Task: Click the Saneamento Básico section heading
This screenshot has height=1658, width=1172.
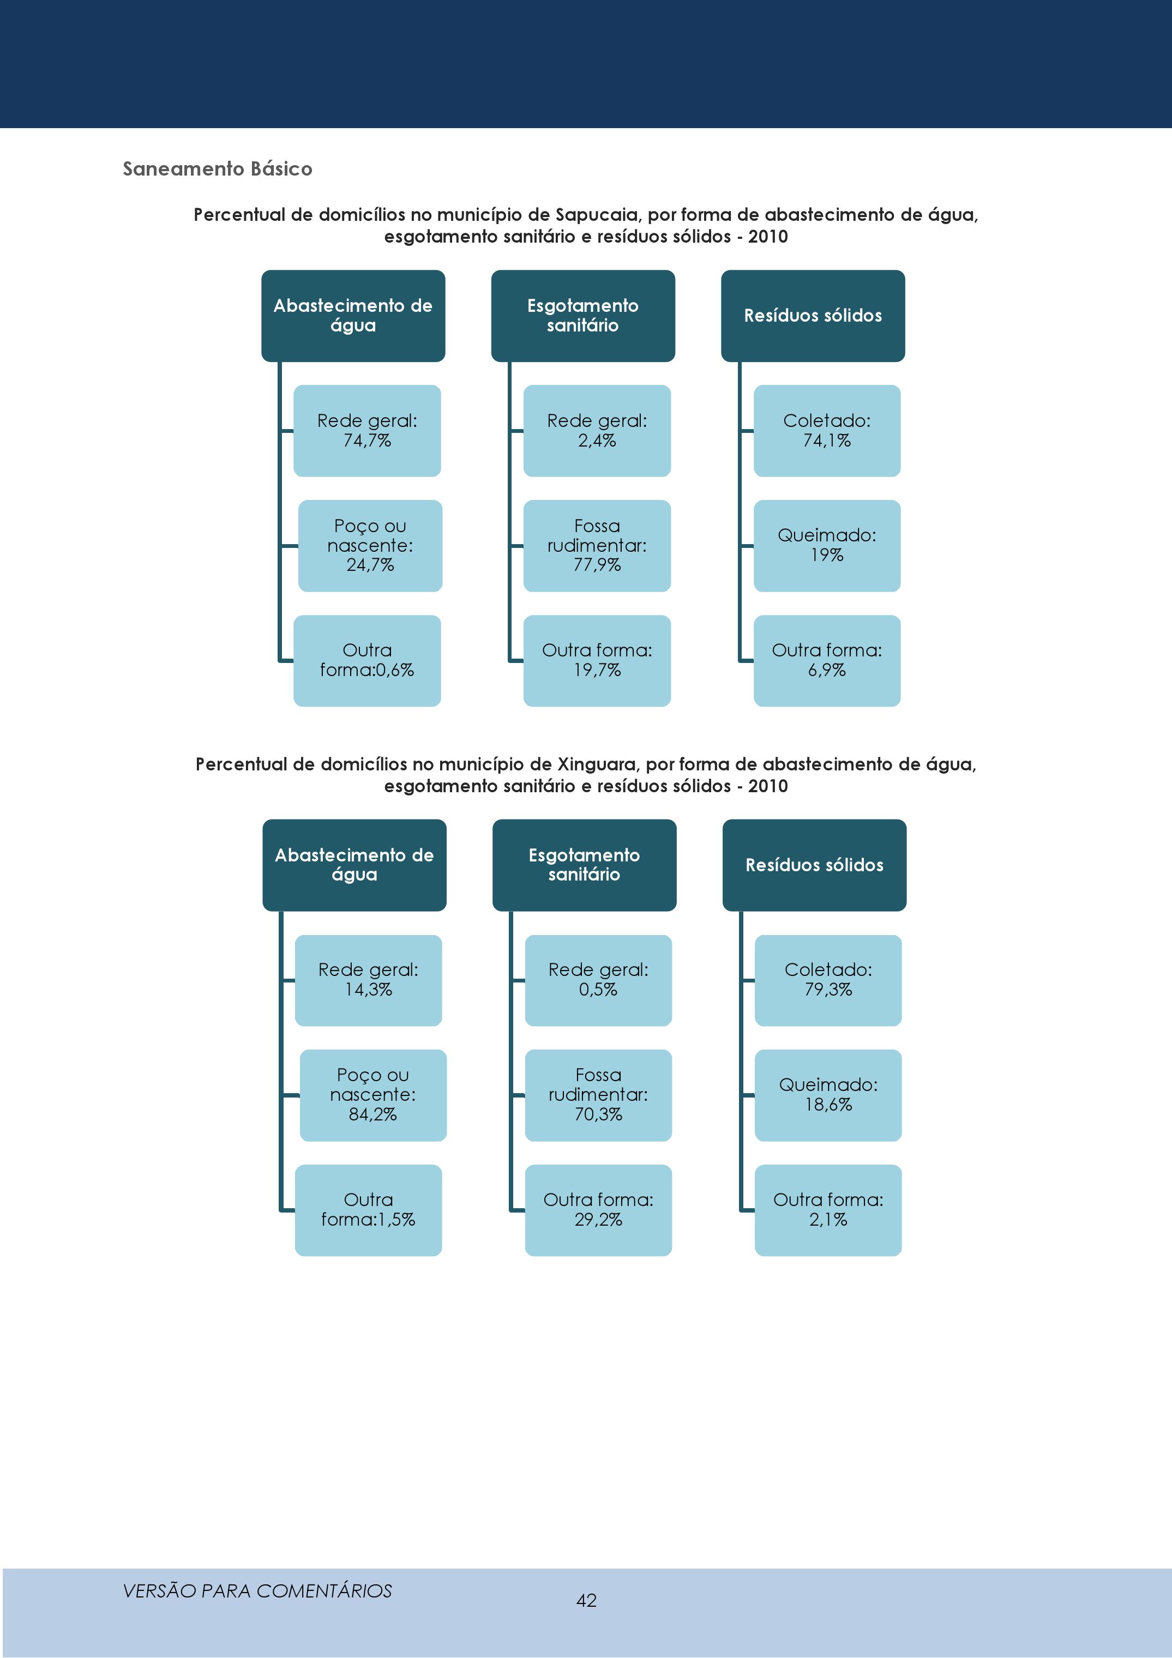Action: [218, 169]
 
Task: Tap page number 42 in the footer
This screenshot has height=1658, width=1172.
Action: [586, 1600]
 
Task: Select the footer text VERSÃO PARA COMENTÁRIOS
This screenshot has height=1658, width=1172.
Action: [257, 1591]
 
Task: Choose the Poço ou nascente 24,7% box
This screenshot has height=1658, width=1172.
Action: [370, 546]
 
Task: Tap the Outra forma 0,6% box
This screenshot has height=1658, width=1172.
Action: [367, 661]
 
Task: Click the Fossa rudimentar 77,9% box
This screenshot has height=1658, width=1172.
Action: [597, 546]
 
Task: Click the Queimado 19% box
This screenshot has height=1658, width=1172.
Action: [827, 546]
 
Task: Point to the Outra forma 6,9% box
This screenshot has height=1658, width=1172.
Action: [827, 661]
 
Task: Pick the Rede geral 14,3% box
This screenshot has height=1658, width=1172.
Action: [368, 981]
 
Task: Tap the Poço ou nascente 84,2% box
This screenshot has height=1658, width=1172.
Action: [372, 1095]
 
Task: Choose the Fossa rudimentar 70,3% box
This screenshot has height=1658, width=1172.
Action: [599, 1095]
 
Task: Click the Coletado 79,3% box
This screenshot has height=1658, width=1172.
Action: [828, 981]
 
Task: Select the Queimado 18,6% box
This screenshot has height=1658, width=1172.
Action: [828, 1095]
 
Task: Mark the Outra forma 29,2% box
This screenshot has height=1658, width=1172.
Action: [599, 1210]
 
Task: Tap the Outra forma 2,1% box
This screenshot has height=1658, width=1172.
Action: [828, 1210]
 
